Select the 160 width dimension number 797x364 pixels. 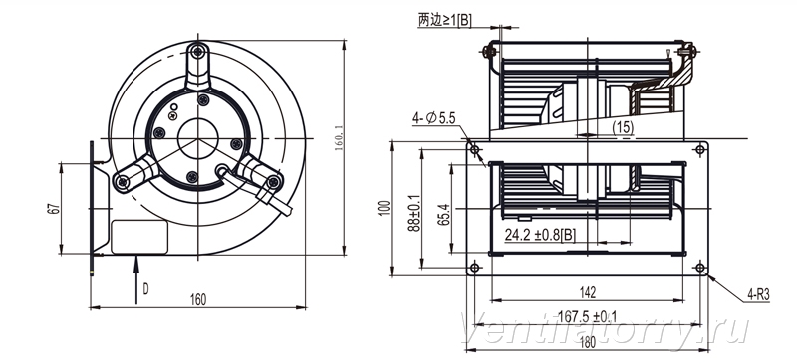pyautogui.click(x=198, y=300)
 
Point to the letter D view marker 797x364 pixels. pyautogui.click(x=145, y=289)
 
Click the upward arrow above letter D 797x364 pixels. pyautogui.click(x=136, y=280)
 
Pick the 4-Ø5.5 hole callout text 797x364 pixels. pyautogui.click(x=434, y=119)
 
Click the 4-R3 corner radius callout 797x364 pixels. pyautogui.click(x=759, y=294)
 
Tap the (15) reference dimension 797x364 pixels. pyautogui.click(x=622, y=127)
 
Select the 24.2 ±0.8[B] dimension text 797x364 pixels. pyautogui.click(x=540, y=235)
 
